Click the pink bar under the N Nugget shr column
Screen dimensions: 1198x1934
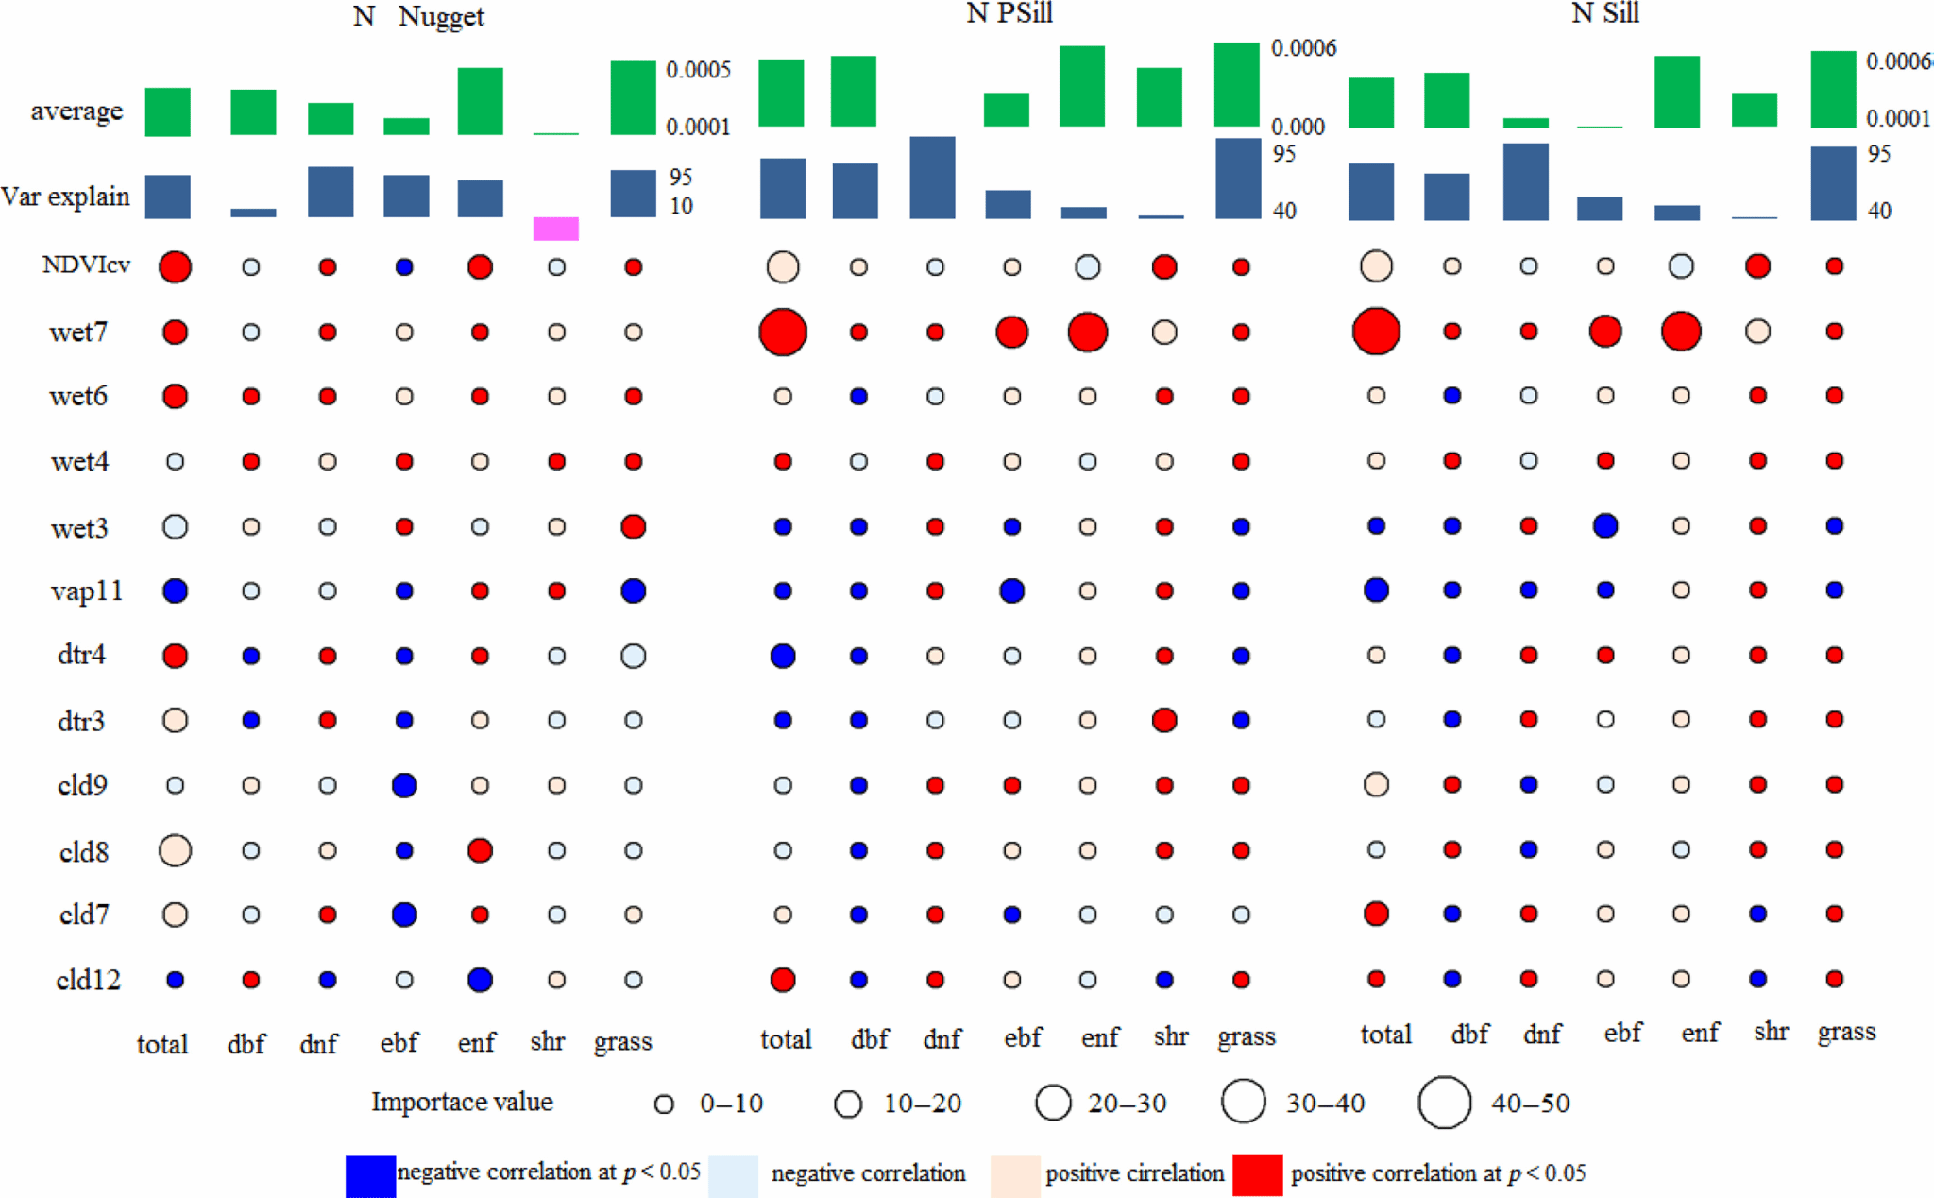555,229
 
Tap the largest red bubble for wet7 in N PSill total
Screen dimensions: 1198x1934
783,332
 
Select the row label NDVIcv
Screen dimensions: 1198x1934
86,265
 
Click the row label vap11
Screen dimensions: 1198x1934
86,591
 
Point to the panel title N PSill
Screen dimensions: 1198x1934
1009,13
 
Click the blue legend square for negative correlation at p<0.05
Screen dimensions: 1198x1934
370,1175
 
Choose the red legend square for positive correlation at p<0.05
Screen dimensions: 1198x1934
1257,1175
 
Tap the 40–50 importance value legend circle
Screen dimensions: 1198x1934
1444,1103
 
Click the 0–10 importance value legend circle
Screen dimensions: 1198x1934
664,1104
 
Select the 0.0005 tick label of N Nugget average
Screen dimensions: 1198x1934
698,70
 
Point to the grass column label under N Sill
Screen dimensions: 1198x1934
1846,1033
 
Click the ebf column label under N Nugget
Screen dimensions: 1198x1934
399,1042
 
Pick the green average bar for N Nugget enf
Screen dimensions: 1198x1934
480,101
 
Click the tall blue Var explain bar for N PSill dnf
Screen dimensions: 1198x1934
932,178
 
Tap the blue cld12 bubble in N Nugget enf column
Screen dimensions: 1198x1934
480,980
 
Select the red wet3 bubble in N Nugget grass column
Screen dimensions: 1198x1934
634,526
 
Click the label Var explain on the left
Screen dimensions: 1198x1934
65,197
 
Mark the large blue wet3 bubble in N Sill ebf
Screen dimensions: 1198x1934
1605,525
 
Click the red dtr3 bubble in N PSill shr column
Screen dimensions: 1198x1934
1164,720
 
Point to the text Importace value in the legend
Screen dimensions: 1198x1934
462,1103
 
